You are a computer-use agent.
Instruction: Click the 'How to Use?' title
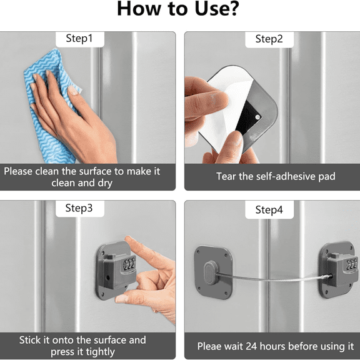tap(180, 11)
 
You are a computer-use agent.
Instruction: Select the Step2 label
tap(269, 39)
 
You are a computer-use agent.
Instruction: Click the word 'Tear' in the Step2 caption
tap(227, 176)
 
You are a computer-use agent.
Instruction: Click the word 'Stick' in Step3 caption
tap(32, 340)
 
